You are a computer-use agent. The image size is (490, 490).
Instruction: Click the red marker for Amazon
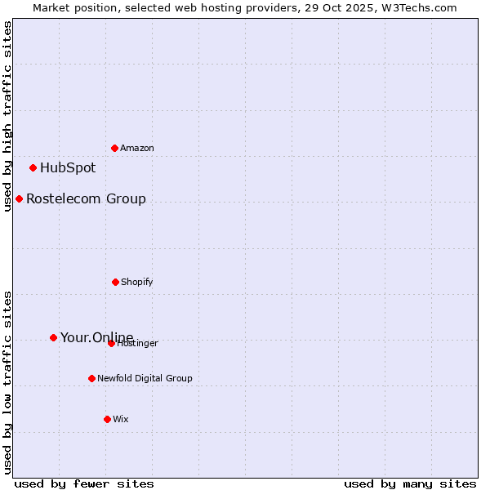pyautogui.click(x=114, y=148)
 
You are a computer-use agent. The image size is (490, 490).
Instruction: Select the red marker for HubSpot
pyautogui.click(x=33, y=167)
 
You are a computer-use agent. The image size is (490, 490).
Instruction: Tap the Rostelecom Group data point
pyautogui.click(x=19, y=198)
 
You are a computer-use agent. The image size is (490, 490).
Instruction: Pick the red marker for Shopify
pyautogui.click(x=115, y=282)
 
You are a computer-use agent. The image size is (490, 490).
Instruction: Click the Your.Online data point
pyautogui.click(x=53, y=337)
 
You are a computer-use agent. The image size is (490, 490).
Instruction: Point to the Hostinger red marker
pyautogui.click(x=111, y=343)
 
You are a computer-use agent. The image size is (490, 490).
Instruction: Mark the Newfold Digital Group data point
pyautogui.click(x=91, y=378)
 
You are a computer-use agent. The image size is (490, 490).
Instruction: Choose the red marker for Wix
pyautogui.click(x=107, y=419)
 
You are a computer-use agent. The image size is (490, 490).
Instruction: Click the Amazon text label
pyautogui.click(x=137, y=148)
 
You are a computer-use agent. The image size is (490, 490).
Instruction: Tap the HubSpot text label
pyautogui.click(x=68, y=167)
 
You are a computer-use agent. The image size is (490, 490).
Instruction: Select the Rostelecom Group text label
pyautogui.click(x=86, y=198)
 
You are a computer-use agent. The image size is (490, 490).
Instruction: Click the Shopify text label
pyautogui.click(x=137, y=282)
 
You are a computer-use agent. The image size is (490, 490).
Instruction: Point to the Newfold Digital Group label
pyautogui.click(x=145, y=378)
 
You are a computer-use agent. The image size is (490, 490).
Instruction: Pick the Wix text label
pyautogui.click(x=121, y=419)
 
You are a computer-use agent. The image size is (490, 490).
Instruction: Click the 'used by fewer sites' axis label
pyautogui.click(x=84, y=483)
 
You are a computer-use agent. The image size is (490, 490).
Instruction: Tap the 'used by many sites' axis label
pyautogui.click(x=410, y=483)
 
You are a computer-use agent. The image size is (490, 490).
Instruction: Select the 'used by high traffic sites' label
pyautogui.click(x=7, y=116)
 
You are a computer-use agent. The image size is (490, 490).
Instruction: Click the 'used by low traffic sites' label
pyautogui.click(x=7, y=382)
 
